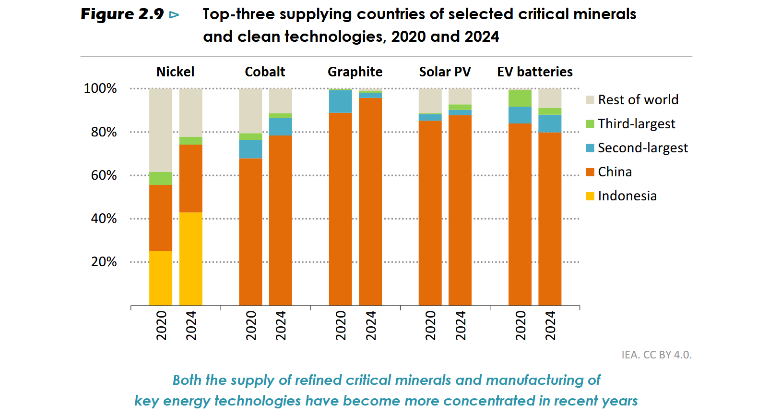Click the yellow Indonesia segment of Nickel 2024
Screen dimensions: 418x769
pyautogui.click(x=190, y=258)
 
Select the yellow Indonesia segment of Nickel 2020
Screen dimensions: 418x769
pyautogui.click(x=161, y=278)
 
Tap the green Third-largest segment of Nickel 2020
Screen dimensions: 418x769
pyautogui.click(x=161, y=178)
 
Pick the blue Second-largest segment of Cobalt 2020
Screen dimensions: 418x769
pyautogui.click(x=250, y=149)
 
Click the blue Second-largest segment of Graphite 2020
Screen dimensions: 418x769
pyautogui.click(x=340, y=101)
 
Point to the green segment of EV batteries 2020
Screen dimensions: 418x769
pyautogui.click(x=520, y=98)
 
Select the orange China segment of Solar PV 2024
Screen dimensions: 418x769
pyautogui.click(x=460, y=210)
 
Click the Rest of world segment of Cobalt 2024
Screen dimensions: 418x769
pyautogui.click(x=280, y=101)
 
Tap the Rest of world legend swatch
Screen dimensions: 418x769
pyautogui.click(x=590, y=100)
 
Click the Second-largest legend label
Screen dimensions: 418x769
pyautogui.click(x=643, y=148)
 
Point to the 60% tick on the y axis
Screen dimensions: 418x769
pyautogui.click(x=104, y=175)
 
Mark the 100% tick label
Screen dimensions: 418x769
pyautogui.click(x=100, y=88)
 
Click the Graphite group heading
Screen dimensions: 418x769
pyautogui.click(x=355, y=72)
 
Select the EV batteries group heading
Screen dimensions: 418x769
pyautogui.click(x=535, y=72)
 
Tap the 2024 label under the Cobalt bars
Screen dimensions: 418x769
pyautogui.click(x=281, y=325)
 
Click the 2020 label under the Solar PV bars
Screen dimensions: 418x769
pyautogui.click(x=430, y=325)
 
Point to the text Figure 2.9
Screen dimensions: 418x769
pyautogui.click(x=122, y=14)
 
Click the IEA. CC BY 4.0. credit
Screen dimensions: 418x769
pyautogui.click(x=656, y=355)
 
